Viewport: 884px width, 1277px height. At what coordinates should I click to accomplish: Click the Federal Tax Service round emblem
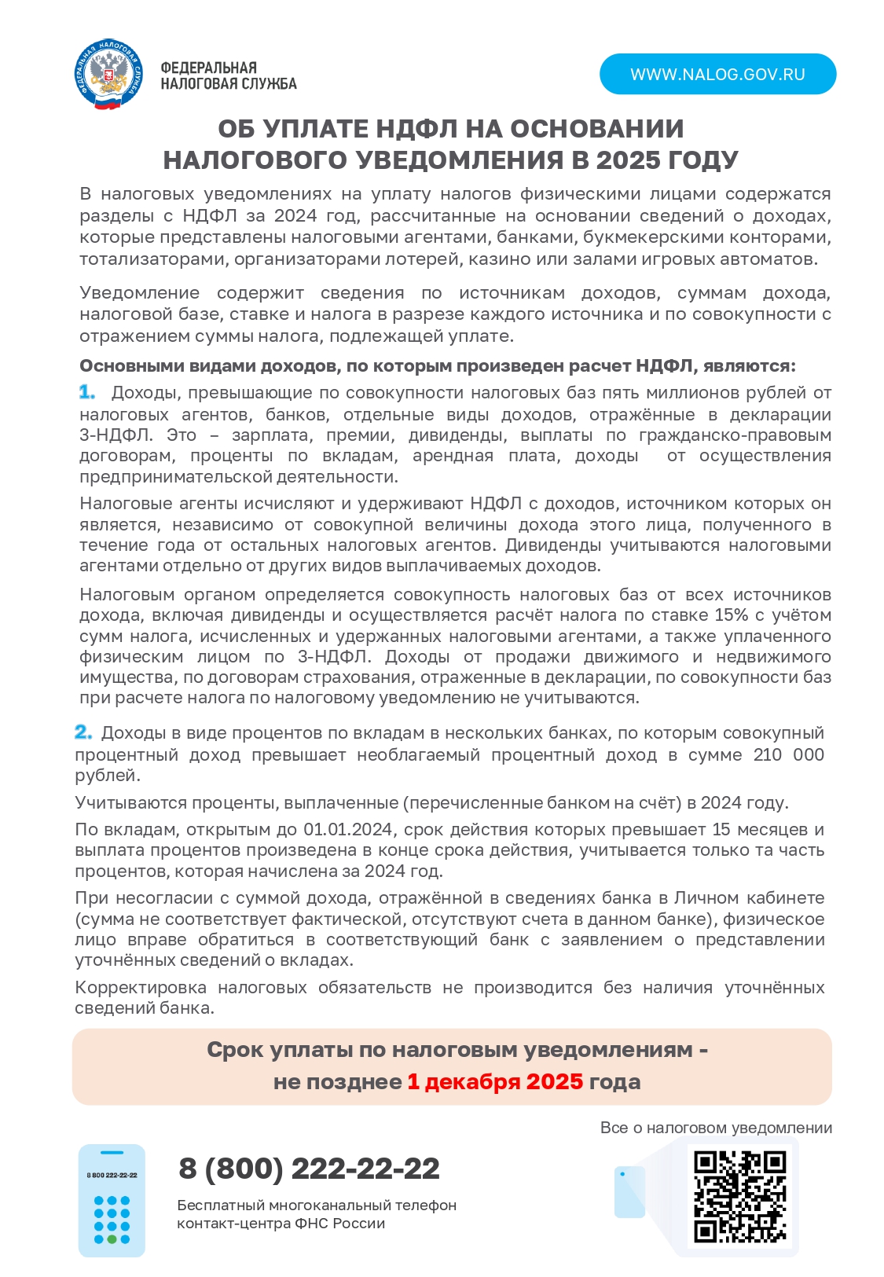[110, 75]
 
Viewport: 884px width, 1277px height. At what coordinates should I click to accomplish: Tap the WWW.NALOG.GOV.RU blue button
[717, 75]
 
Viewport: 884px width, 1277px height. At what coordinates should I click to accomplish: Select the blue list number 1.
[86, 392]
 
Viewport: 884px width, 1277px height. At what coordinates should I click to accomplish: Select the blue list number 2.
[83, 732]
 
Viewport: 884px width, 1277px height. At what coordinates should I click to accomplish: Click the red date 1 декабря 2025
[495, 1082]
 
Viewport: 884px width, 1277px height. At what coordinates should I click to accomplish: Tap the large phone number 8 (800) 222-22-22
[309, 1169]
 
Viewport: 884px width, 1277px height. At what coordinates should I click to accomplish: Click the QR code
[739, 1197]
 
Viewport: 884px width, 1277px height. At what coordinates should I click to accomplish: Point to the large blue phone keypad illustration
[112, 1200]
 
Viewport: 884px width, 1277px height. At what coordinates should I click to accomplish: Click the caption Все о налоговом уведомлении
[715, 1128]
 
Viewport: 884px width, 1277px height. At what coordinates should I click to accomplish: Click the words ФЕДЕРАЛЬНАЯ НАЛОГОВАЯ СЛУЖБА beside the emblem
[228, 76]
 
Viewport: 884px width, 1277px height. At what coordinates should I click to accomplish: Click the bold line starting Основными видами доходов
[437, 366]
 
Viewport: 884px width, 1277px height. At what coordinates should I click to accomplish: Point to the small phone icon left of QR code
[629, 1192]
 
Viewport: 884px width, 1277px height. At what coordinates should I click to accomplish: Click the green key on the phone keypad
[112, 1239]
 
